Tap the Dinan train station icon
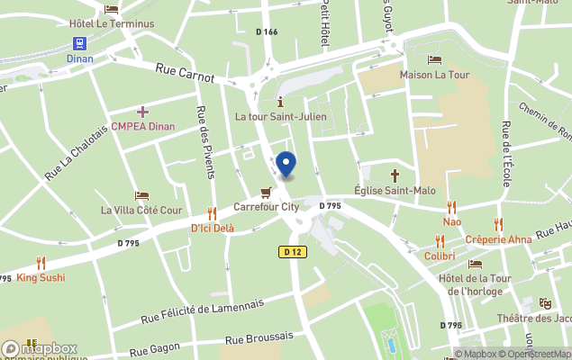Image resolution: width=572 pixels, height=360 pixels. tap(79, 42)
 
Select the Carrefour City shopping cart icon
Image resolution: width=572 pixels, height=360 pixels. tap(266, 192)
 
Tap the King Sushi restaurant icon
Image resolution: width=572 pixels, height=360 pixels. tap(41, 262)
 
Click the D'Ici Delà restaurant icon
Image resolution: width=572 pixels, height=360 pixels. tap(212, 213)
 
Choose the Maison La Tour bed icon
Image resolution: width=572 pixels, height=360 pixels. tap(435, 59)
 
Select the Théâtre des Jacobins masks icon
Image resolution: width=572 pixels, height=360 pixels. tap(544, 303)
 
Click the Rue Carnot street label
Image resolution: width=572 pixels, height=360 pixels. tap(185, 72)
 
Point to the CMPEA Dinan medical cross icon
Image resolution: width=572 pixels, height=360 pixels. tap(142, 111)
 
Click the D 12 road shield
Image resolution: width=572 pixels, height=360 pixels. tap(292, 252)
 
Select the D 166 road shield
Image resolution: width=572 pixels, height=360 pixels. tap(267, 32)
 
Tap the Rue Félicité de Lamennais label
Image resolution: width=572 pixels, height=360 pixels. tap(203, 310)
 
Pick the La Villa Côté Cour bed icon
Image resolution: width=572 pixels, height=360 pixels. tap(141, 195)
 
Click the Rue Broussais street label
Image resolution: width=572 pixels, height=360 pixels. tap(259, 337)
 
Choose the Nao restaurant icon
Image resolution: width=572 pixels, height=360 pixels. tap(451, 207)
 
